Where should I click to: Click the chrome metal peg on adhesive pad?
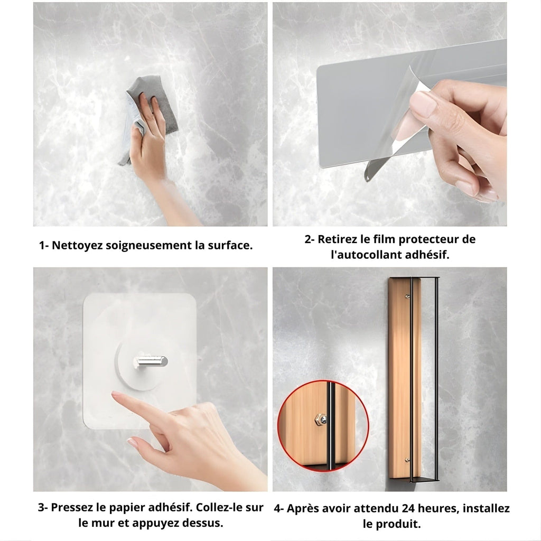click(x=151, y=361)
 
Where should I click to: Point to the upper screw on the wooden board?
click(x=407, y=296)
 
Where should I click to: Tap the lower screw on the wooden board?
click(x=407, y=460)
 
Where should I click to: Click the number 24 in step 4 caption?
click(x=409, y=508)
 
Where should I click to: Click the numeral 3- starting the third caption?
click(x=43, y=507)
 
